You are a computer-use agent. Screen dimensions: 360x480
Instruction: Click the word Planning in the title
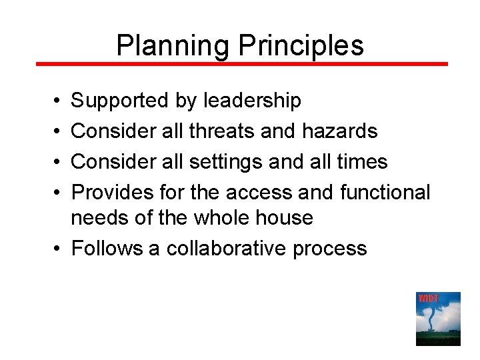[172, 45]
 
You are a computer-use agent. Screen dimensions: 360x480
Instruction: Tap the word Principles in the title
[301, 45]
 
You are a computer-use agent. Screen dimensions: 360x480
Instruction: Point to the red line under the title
[241, 64]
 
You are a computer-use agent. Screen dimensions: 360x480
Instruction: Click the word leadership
[252, 101]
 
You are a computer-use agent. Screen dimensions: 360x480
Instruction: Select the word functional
[385, 192]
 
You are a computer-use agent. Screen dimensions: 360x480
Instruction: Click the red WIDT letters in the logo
[428, 298]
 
